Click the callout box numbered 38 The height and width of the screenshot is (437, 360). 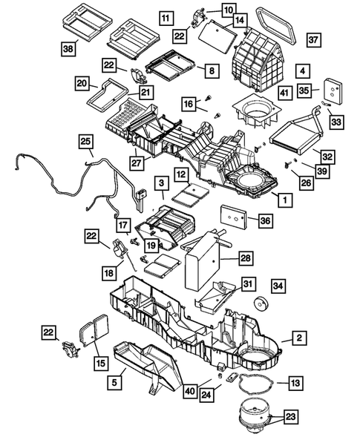[68, 49]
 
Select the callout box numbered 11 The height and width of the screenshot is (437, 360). [166, 19]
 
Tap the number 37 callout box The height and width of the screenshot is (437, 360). [313, 40]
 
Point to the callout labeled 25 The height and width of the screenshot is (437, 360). [86, 142]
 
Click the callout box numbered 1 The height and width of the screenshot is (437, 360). [285, 200]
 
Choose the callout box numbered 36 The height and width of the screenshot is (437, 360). [265, 221]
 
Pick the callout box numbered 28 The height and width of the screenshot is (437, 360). [246, 258]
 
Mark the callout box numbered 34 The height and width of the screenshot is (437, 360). [278, 286]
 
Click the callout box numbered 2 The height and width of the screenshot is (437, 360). [299, 338]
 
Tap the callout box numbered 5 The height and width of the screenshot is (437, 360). [114, 382]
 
